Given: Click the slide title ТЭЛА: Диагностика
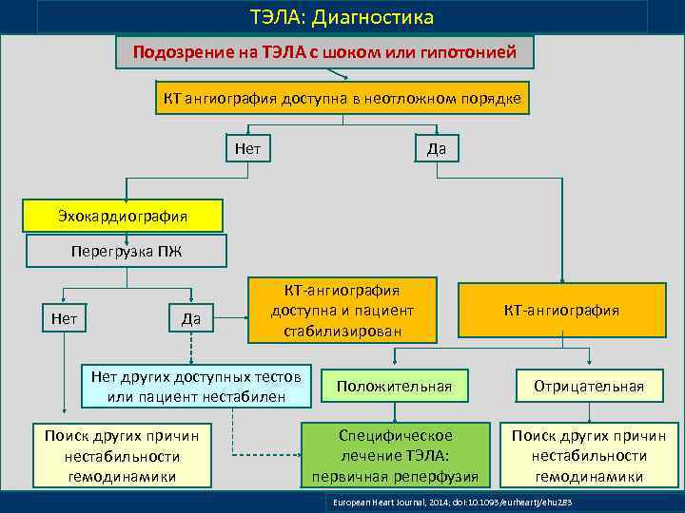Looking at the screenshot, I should tap(342, 17).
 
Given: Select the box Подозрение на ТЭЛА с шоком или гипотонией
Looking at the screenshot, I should tap(324, 53).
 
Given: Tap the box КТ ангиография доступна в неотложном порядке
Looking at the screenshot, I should tap(342, 100).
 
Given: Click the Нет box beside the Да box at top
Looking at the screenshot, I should tap(247, 148).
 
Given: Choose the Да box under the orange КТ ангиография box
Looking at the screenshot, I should tap(437, 148).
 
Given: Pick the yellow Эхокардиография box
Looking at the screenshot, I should tap(122, 216).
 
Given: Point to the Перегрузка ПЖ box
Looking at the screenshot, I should tap(126, 252).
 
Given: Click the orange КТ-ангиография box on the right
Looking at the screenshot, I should tap(561, 310).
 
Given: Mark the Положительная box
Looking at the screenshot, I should tap(394, 386).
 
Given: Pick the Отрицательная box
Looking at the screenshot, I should tap(588, 386).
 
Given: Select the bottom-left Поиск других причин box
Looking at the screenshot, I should tap(122, 455).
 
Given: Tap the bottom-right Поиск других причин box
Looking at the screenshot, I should tap(588, 455).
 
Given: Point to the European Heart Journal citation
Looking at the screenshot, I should tap(455, 501).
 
